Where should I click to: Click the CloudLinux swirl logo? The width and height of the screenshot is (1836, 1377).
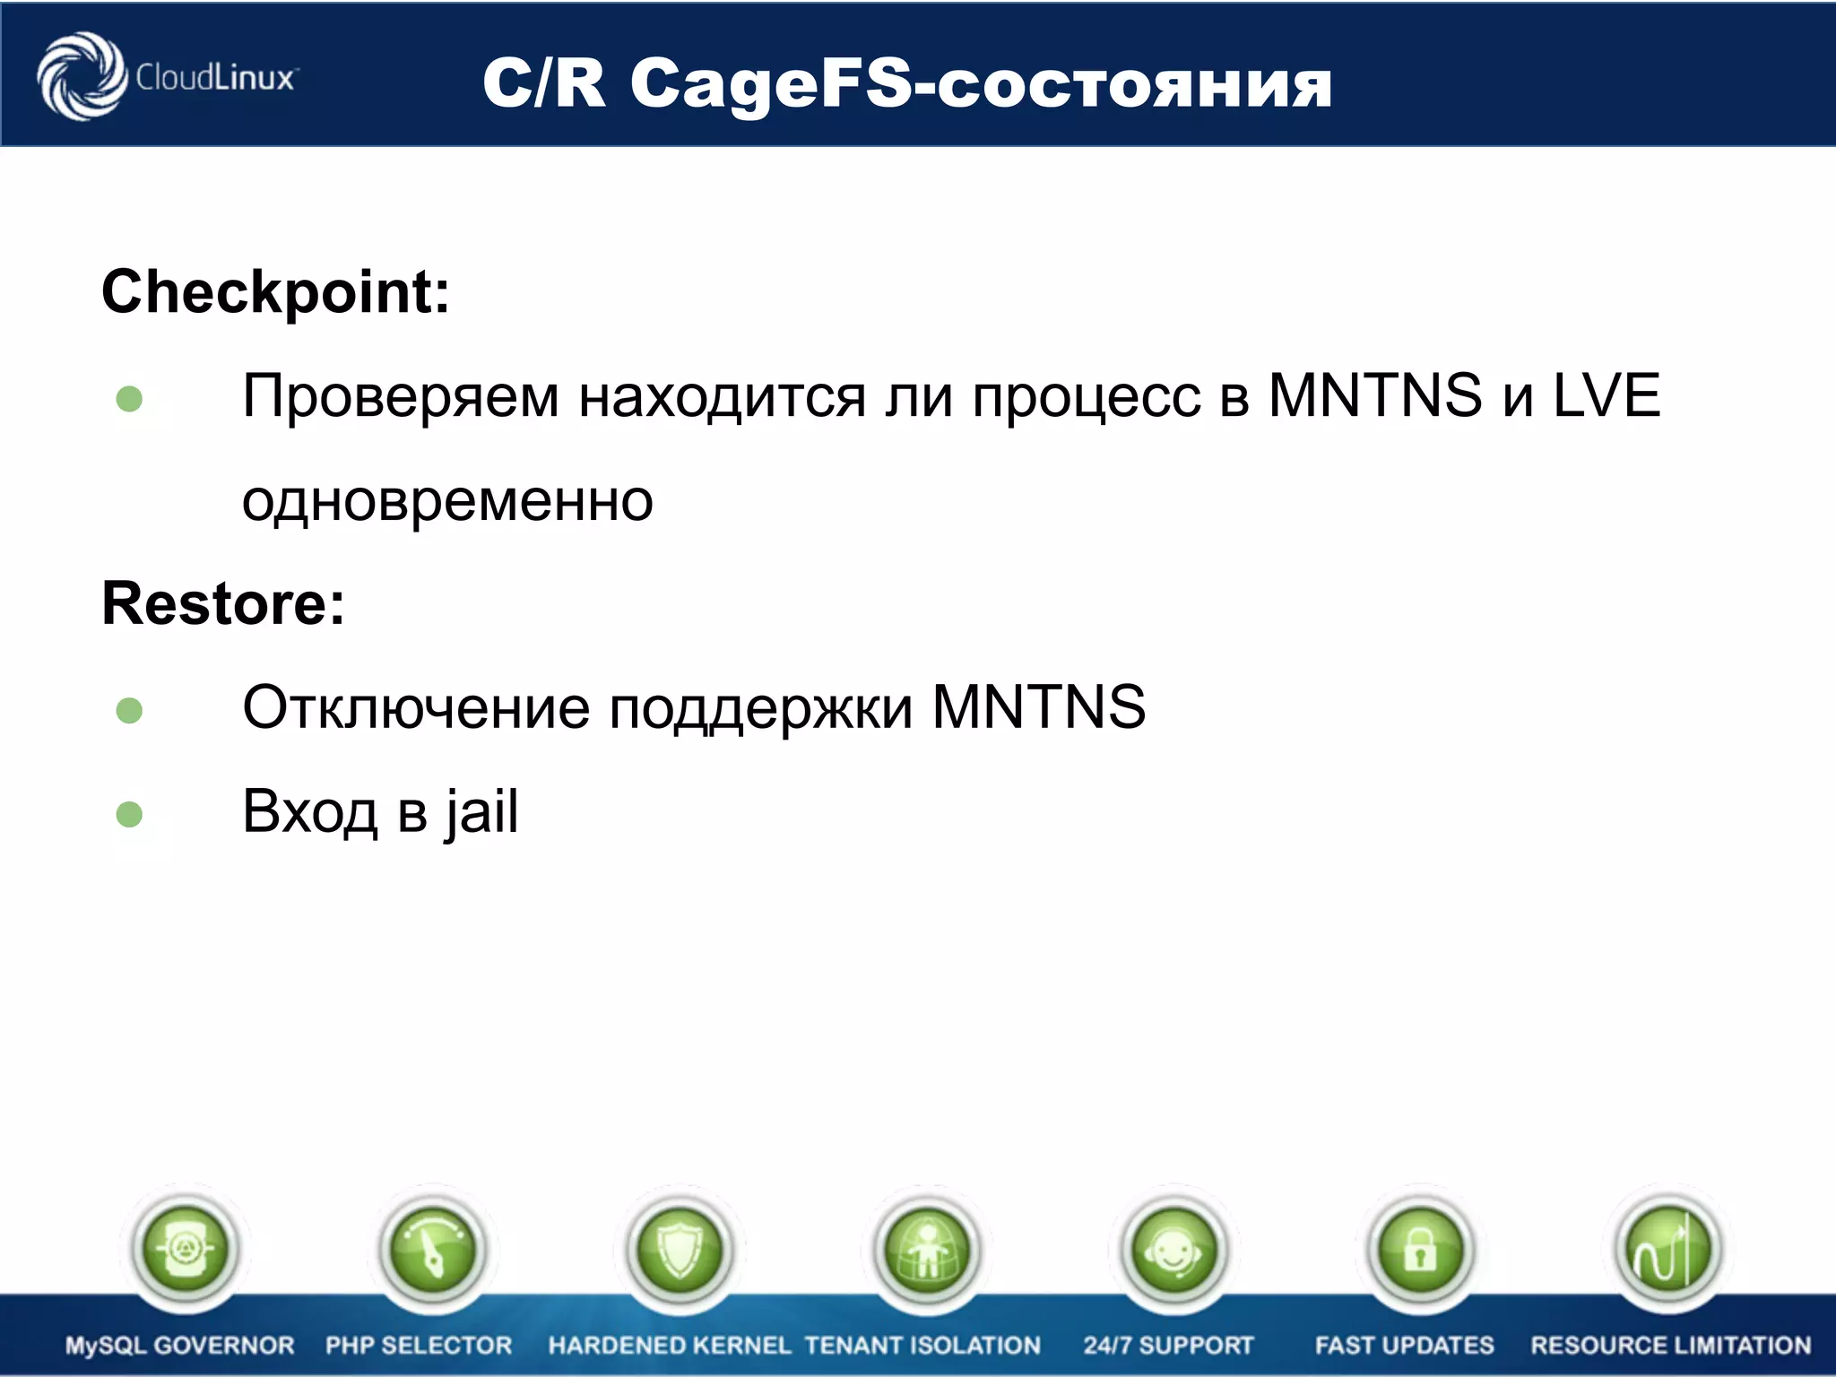[81, 77]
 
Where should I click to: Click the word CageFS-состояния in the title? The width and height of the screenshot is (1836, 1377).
[981, 84]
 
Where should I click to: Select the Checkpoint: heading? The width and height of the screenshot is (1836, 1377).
[275, 292]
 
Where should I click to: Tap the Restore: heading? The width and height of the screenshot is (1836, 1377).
[223, 603]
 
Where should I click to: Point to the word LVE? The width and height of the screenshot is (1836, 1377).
[1606, 395]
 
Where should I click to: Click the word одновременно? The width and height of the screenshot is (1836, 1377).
[447, 500]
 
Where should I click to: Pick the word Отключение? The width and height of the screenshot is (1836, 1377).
[416, 707]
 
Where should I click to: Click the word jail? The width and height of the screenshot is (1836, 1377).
[481, 812]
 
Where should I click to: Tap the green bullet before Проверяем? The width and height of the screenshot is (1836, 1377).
[130, 398]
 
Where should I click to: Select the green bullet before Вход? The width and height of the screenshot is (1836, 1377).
[130, 814]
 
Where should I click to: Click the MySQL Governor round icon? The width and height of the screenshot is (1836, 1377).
[185, 1249]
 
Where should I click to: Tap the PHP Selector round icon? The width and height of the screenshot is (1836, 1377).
[433, 1249]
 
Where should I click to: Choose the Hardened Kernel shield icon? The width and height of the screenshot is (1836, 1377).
[680, 1249]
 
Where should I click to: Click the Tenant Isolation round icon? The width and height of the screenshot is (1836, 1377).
[926, 1249]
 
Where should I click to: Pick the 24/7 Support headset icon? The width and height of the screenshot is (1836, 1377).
[1173, 1249]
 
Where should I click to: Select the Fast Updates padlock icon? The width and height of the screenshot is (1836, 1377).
[1421, 1249]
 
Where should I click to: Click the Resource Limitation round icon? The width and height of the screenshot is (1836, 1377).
[1667, 1249]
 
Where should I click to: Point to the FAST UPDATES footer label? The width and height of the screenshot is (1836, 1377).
[1404, 1346]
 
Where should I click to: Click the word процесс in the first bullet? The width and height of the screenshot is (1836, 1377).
[1086, 397]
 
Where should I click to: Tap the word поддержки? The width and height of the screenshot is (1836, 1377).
[761, 707]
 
